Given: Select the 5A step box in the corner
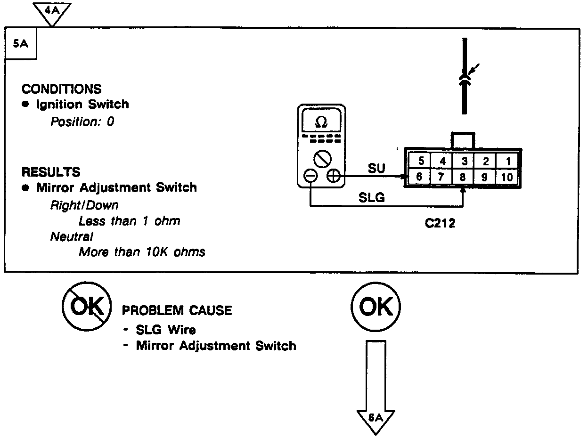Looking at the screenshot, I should tap(20, 45).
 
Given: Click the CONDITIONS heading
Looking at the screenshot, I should tap(61, 89).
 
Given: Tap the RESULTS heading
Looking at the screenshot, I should tap(51, 171).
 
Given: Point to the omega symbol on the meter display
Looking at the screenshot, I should tap(321, 122).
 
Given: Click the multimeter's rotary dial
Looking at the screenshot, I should tap(322, 158).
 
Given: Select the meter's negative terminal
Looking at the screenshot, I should tap(310, 176).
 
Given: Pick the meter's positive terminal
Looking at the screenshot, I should tap(333, 176).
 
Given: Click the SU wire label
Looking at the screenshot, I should tap(376, 168).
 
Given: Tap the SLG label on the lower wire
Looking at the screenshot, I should tap(372, 197).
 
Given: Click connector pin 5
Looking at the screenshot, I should tap(421, 161).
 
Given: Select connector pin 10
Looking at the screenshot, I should tap(507, 177).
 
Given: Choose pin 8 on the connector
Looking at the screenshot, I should tap(464, 177).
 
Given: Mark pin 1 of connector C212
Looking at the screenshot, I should tap(508, 161).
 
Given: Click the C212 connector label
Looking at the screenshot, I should tap(440, 224).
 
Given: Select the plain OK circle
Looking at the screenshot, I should tap(376, 307).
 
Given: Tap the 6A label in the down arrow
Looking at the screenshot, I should tap(376, 417).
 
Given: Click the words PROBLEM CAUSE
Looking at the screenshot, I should tap(177, 310).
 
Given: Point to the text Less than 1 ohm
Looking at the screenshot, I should tap(129, 221).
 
